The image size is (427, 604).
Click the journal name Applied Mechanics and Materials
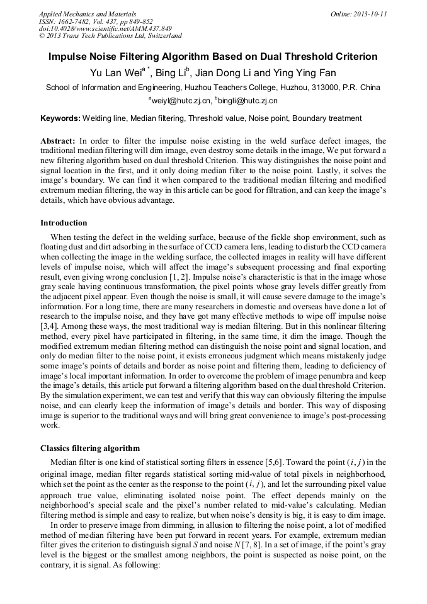tap(87, 14)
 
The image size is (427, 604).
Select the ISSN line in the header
tap(94, 21)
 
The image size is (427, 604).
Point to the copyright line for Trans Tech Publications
tap(110, 37)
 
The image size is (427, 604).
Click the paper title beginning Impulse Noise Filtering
tap(213, 57)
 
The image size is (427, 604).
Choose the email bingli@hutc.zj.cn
tap(248, 101)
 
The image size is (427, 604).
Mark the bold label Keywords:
tap(60, 118)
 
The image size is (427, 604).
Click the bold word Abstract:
tap(58, 141)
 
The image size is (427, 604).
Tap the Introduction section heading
tap(64, 223)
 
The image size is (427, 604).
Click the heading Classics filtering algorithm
tap(89, 448)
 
